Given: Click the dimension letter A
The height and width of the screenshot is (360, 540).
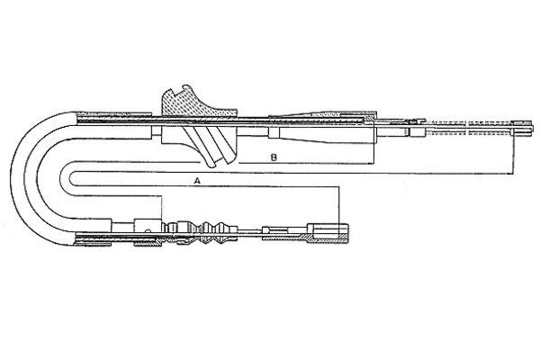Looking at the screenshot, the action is (197, 181).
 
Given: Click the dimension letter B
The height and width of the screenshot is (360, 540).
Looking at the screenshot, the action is (274, 157).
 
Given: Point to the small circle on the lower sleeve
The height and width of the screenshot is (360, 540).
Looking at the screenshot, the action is (148, 230).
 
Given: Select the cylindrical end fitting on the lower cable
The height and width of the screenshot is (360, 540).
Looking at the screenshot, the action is (328, 233).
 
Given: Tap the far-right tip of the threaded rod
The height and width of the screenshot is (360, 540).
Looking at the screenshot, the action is (531, 128).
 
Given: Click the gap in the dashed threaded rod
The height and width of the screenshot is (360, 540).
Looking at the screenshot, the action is (467, 129).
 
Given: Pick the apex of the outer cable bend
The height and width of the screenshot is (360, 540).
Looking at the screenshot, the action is (12, 178).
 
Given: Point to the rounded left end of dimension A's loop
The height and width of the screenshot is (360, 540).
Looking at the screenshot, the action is (69, 179).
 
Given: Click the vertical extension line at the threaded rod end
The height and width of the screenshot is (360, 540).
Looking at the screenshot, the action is (513, 151).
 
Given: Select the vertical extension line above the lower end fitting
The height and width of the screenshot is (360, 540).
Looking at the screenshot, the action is (339, 205).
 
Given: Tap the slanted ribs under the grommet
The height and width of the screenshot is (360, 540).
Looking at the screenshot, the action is (210, 146).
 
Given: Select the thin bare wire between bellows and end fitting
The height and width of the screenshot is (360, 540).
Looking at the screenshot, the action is (250, 230).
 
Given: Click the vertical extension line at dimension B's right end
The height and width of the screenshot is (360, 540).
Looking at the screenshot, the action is (373, 145).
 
